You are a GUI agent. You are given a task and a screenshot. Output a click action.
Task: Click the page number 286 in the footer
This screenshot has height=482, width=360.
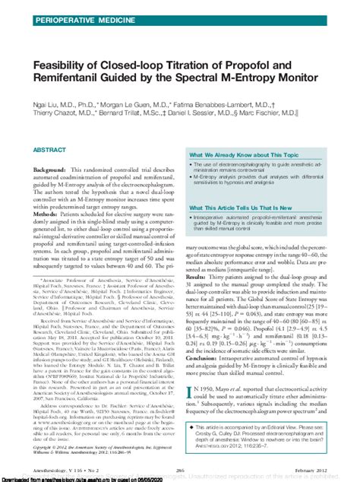[181, 471]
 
